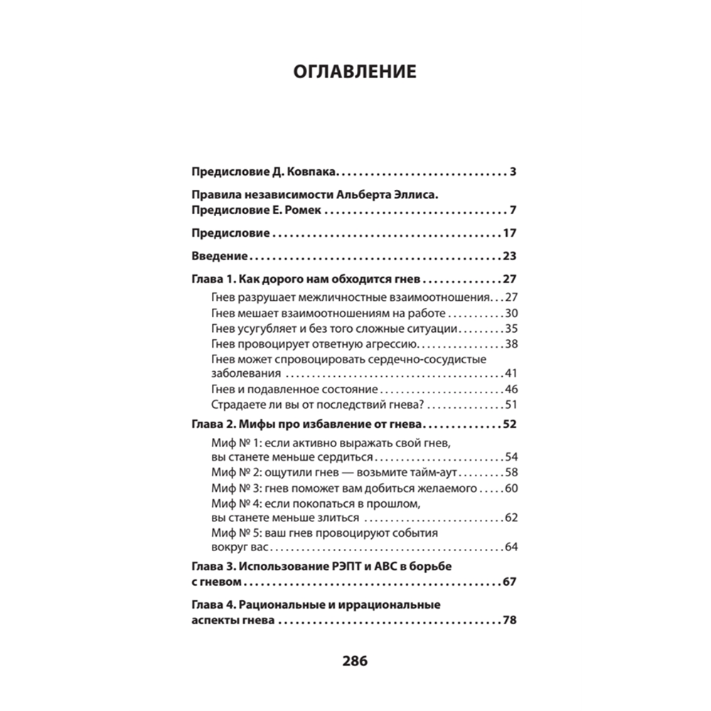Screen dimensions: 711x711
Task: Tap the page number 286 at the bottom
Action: [355, 661]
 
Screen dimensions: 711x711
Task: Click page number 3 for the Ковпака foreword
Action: [513, 172]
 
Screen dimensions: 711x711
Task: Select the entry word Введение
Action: [219, 256]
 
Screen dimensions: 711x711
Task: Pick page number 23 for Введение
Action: [508, 256]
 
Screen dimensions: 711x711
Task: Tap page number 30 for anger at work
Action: [510, 313]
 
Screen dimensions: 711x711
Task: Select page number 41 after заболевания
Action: [510, 374]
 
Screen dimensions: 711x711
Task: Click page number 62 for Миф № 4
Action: [510, 518]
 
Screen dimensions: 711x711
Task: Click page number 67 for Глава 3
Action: [508, 582]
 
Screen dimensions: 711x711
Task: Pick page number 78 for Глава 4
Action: [508, 620]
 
